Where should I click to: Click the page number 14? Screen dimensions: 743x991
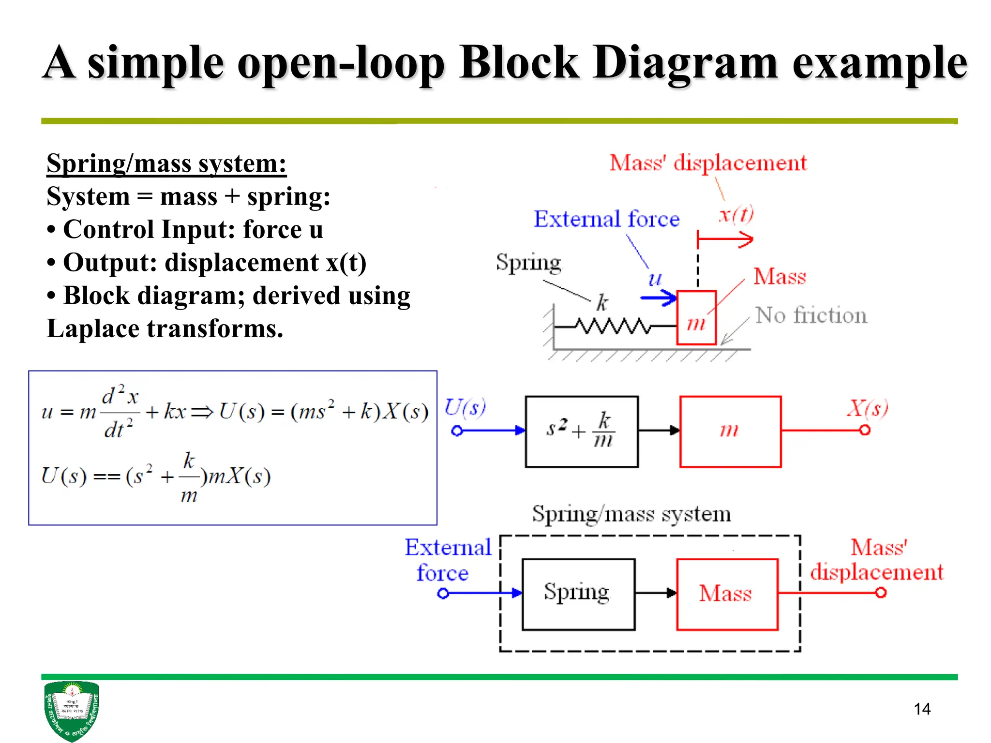[x=922, y=709]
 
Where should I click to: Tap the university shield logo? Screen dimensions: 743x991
[x=71, y=710]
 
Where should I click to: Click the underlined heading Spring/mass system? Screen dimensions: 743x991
[x=166, y=163]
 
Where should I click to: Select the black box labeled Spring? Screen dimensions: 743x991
[x=578, y=594]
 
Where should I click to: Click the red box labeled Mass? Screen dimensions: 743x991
[x=727, y=594]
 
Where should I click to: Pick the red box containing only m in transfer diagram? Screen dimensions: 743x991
[x=730, y=431]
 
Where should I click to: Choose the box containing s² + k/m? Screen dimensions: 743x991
[x=582, y=431]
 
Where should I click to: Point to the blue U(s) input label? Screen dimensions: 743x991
[x=465, y=407]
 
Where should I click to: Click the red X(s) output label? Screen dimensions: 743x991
[x=867, y=408]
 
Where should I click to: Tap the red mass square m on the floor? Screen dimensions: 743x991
[x=696, y=318]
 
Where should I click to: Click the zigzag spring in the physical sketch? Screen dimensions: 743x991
[x=614, y=327]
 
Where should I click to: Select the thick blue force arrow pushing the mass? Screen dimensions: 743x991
[x=658, y=297]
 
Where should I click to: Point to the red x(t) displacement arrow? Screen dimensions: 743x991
[x=725, y=239]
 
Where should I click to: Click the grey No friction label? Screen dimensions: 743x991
[x=811, y=315]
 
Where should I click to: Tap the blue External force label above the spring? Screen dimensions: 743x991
[x=606, y=219]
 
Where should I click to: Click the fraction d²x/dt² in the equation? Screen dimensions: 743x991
[x=120, y=412]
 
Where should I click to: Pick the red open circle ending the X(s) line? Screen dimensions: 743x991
[x=865, y=430]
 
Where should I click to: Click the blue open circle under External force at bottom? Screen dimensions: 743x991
[x=443, y=593]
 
